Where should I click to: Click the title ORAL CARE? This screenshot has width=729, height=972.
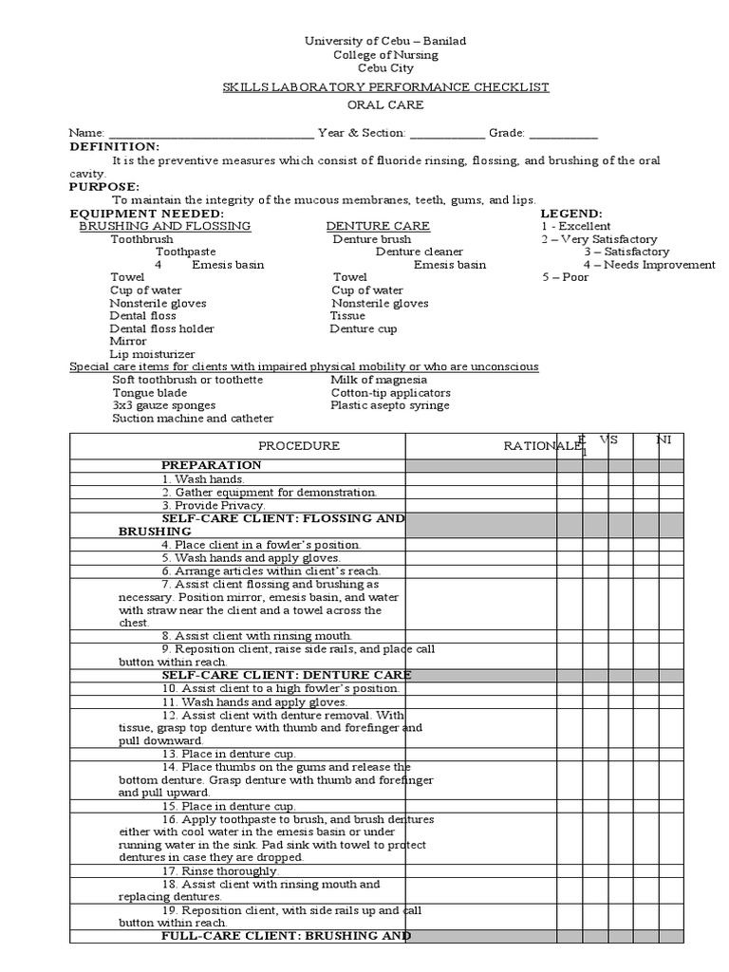coord(384,105)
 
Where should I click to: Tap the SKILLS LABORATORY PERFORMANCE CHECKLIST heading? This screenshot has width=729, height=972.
coord(385,87)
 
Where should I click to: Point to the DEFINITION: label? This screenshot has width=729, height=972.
coord(115,147)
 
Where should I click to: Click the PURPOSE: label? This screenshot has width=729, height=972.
coord(103,187)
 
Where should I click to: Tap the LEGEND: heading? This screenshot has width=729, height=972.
coord(571,214)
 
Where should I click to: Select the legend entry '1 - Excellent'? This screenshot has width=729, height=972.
coord(576,227)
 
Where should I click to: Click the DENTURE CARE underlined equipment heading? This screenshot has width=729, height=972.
coord(378,227)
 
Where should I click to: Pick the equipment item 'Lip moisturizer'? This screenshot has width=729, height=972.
coord(152,354)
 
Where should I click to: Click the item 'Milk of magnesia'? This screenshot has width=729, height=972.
coord(380,380)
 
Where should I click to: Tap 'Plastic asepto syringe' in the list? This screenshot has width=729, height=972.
coord(390,405)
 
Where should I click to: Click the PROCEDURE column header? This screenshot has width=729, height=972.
coord(299,446)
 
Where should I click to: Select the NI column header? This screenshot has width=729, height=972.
coord(665,440)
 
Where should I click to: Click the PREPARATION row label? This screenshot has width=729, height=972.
coord(212,465)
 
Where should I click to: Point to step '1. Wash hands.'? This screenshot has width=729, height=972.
coord(196,479)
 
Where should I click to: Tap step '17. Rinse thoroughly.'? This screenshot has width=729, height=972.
coord(219,870)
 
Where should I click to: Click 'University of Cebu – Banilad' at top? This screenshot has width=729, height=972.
coord(384,42)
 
